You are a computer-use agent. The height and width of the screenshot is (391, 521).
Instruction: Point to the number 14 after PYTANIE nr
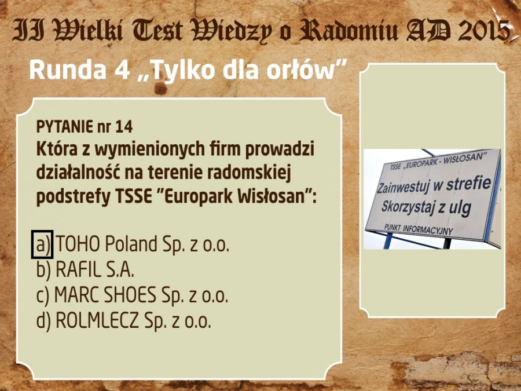[x=124, y=127]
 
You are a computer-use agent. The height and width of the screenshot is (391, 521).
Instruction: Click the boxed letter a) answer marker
[x=42, y=244]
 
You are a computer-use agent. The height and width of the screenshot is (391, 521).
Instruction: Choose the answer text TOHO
[x=78, y=244]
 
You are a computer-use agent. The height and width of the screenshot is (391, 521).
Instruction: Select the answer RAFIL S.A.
[x=95, y=269]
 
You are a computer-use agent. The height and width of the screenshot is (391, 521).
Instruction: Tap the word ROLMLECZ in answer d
[x=97, y=320]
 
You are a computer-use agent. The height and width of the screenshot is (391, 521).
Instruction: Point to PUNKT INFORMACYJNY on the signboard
[x=419, y=229]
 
